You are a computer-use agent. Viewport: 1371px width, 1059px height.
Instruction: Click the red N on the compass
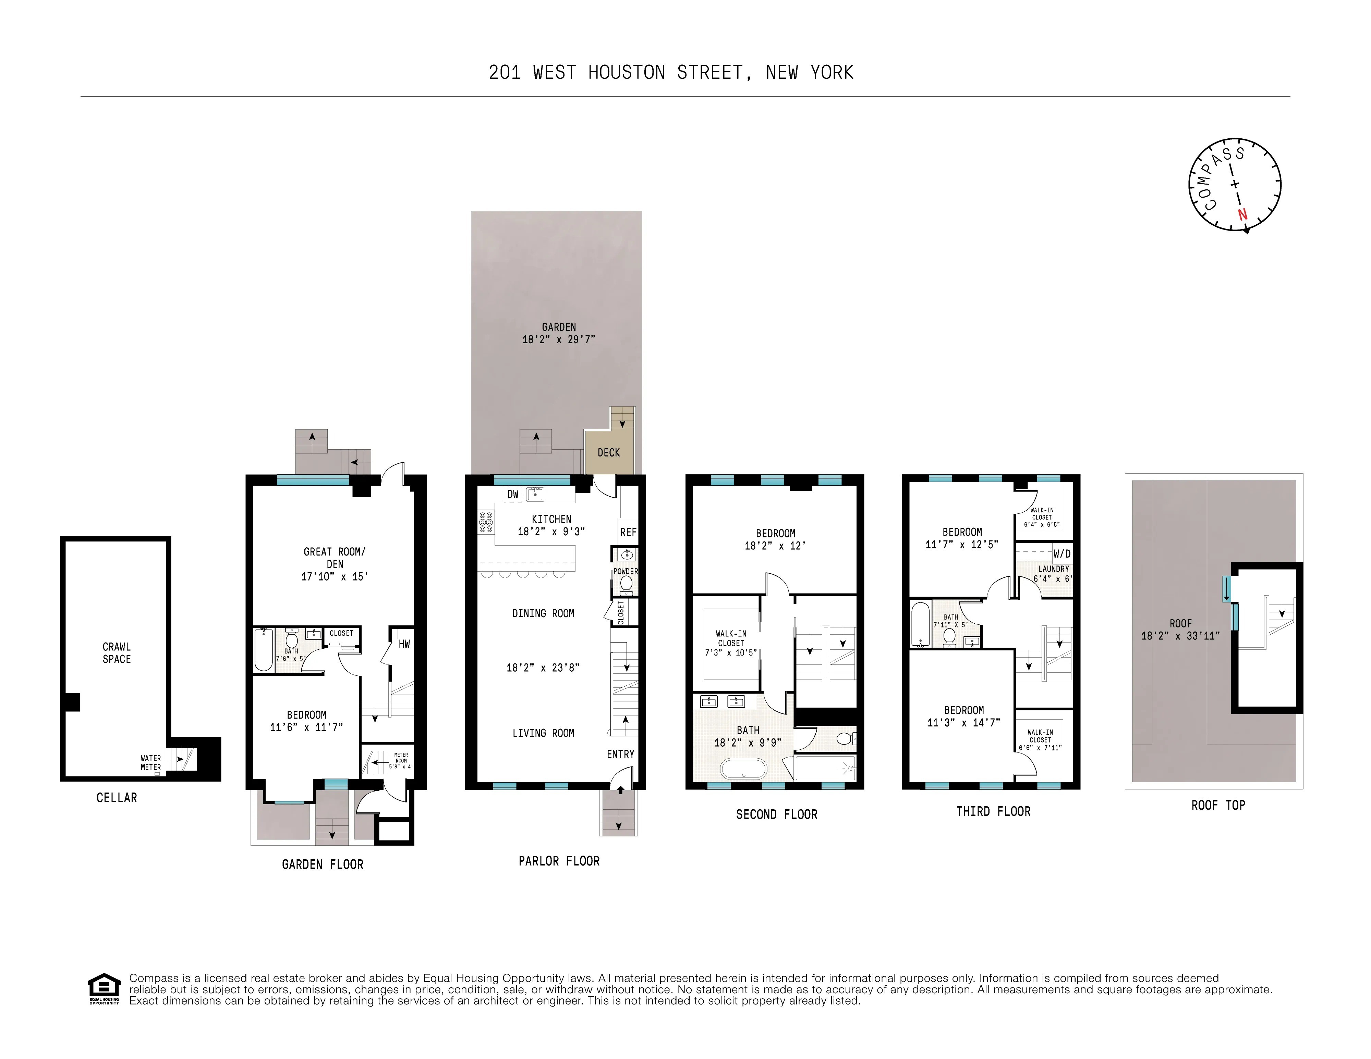tap(1242, 214)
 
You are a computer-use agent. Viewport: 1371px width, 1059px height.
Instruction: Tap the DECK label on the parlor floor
tap(608, 452)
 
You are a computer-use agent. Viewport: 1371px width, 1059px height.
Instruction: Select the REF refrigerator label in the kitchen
tap(628, 532)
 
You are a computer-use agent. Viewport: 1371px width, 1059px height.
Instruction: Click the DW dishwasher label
tap(513, 494)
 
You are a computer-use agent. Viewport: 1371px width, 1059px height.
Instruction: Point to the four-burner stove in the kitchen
tap(486, 523)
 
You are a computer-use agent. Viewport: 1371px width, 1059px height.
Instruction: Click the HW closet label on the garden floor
tap(404, 644)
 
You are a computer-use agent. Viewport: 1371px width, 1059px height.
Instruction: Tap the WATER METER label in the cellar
tap(151, 762)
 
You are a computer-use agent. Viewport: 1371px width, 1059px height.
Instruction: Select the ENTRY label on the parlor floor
tap(620, 754)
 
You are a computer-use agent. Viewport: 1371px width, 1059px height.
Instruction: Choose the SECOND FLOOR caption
tap(777, 814)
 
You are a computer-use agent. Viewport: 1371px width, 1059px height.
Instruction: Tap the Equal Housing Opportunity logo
tap(104, 988)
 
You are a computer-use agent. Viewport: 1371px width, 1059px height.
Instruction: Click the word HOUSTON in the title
tap(627, 73)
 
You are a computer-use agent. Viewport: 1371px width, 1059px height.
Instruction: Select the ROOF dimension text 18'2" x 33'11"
tap(1180, 636)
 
